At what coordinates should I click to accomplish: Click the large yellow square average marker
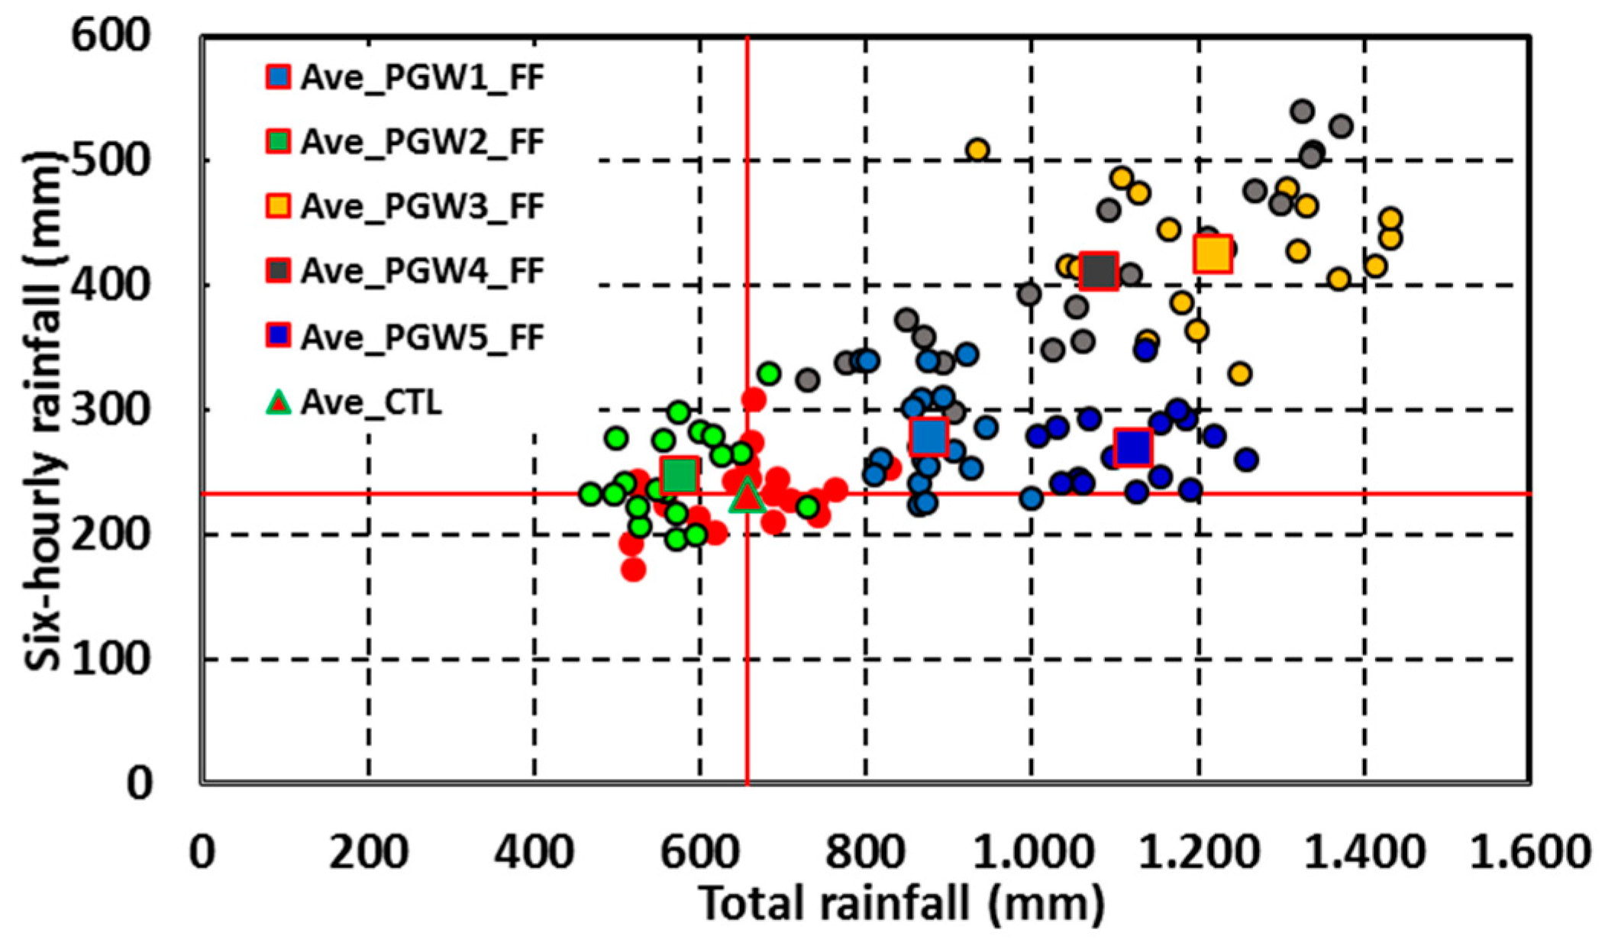(x=1213, y=253)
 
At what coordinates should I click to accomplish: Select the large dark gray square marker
(x=1099, y=270)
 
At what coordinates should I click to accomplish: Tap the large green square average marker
(x=679, y=475)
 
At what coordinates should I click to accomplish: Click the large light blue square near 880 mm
(x=928, y=437)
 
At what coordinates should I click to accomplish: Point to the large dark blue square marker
(x=1132, y=447)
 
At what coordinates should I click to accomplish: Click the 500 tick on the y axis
(x=109, y=160)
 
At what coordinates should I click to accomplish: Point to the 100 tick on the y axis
(x=109, y=659)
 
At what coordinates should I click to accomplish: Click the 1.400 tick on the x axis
(x=1364, y=851)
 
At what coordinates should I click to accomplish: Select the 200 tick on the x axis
(x=368, y=851)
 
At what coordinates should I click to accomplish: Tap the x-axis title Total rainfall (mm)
(x=901, y=905)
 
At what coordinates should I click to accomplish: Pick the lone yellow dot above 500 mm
(x=977, y=150)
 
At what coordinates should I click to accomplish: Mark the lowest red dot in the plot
(x=633, y=569)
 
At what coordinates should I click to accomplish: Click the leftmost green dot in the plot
(x=589, y=494)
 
